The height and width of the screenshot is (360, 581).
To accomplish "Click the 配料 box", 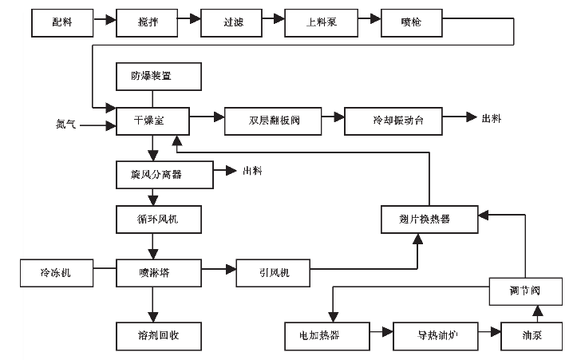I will click(x=62, y=23).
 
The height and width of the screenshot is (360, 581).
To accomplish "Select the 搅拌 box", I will click(x=148, y=23).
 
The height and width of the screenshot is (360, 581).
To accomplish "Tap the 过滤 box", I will click(x=232, y=23).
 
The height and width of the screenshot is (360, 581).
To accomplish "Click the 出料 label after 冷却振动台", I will click(x=492, y=119).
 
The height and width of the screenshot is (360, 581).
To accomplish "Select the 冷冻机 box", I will click(x=57, y=273).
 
